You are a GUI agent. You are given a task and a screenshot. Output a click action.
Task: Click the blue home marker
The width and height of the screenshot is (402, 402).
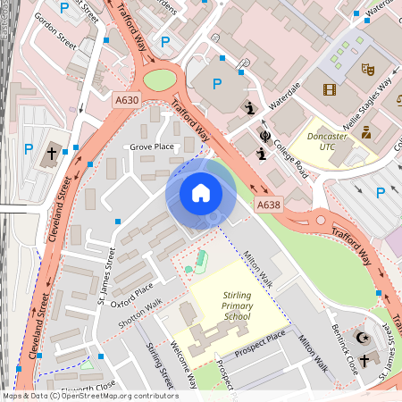tap(200, 193)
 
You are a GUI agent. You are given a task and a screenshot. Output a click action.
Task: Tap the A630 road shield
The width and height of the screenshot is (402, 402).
tap(126, 102)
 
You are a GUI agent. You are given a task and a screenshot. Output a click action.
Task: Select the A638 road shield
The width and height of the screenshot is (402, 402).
tap(268, 205)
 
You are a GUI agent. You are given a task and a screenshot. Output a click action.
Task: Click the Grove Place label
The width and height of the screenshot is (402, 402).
tap(152, 146)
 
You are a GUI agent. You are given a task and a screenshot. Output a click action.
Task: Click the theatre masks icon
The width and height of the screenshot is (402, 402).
tap(366, 68)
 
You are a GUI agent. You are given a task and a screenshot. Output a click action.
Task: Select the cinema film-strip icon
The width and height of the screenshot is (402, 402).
tap(331, 88)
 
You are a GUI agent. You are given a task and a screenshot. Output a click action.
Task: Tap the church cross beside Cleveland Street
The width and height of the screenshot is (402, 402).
tap(52, 153)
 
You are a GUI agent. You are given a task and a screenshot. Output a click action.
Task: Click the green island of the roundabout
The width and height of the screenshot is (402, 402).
tap(160, 80)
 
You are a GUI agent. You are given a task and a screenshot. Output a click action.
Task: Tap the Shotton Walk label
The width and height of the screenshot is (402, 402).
tap(142, 307)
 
